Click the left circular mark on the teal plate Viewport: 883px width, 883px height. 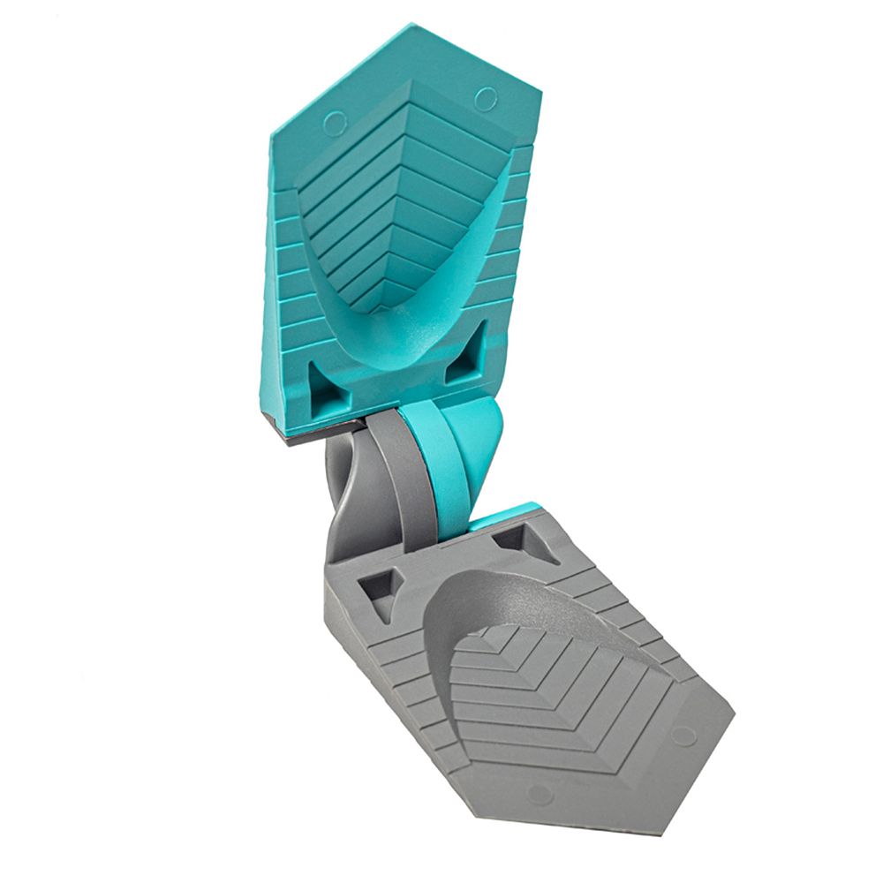point(335,124)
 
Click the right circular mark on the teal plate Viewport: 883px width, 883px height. point(485,99)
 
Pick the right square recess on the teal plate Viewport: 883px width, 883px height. point(464,355)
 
